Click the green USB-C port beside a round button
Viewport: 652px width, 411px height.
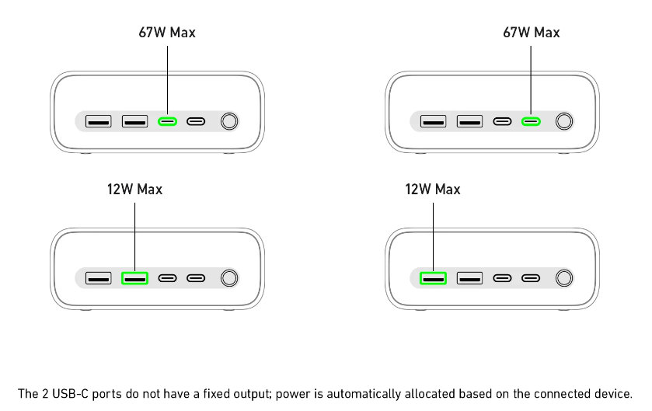click(x=531, y=121)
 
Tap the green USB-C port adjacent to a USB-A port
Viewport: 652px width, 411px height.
click(x=167, y=121)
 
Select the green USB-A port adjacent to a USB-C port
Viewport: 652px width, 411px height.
click(x=134, y=278)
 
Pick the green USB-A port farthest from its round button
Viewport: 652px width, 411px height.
click(x=433, y=278)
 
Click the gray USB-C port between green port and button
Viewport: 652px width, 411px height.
click(x=196, y=121)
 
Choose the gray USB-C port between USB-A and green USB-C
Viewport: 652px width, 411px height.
click(x=502, y=121)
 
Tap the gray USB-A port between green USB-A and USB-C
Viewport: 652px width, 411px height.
click(x=469, y=278)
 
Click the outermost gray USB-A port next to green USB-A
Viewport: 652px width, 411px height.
click(x=98, y=278)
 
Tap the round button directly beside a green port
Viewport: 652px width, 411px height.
click(x=565, y=121)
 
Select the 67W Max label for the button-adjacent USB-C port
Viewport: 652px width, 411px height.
click(x=532, y=33)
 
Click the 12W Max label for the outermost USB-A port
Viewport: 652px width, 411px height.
click(x=433, y=190)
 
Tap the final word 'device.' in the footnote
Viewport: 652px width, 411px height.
click(x=614, y=393)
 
